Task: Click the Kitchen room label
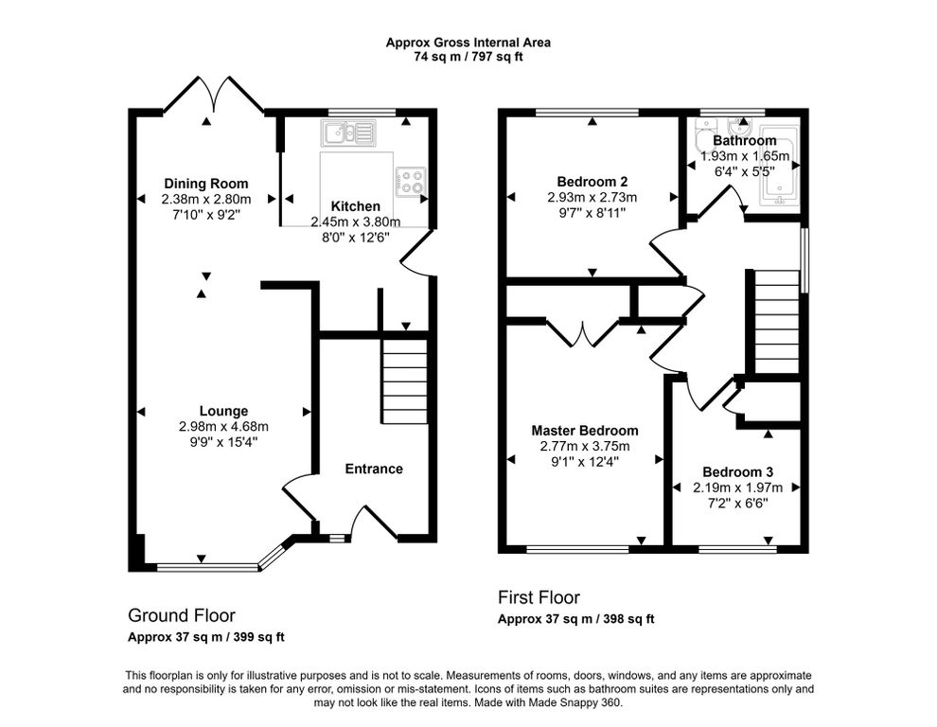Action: click(356, 206)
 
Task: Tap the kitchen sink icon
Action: click(347, 133)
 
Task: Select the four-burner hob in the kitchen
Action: click(411, 182)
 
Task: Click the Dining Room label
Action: click(206, 184)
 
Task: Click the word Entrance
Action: click(374, 469)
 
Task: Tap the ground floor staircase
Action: click(404, 381)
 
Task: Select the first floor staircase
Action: click(777, 322)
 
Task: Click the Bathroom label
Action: click(745, 140)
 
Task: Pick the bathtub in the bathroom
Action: click(779, 167)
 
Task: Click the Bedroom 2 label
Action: click(592, 181)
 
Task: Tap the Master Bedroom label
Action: click(585, 431)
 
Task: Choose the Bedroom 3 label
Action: click(738, 471)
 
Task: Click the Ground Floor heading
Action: click(182, 615)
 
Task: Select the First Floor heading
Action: click(539, 597)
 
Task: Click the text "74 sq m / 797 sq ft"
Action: click(468, 58)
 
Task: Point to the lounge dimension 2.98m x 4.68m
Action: click(223, 427)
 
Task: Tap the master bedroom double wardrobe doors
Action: click(583, 333)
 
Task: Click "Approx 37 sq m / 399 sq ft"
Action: click(206, 637)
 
